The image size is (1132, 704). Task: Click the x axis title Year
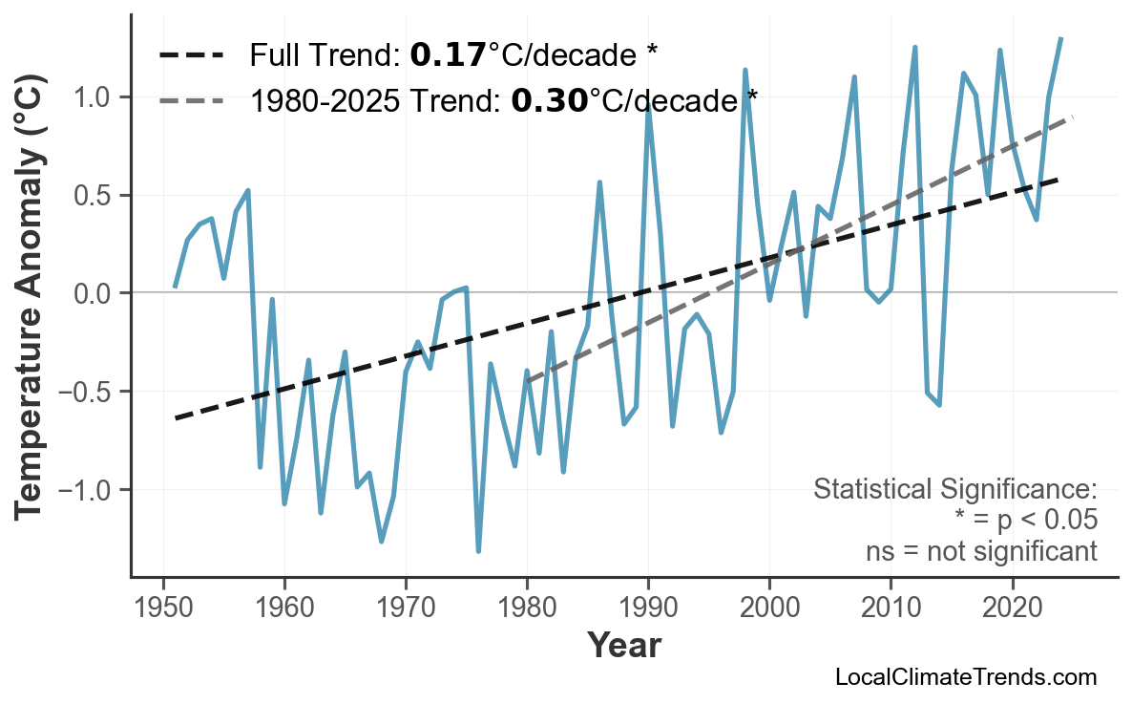click(x=623, y=646)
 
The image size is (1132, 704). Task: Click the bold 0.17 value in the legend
click(x=448, y=55)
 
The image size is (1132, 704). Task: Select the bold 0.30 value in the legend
click(x=549, y=99)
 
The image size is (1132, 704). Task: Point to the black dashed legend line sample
click(x=191, y=55)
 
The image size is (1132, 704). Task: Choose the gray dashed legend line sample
click(x=191, y=99)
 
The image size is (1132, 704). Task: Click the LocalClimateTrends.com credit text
click(x=965, y=678)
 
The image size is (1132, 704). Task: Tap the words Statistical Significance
click(x=954, y=490)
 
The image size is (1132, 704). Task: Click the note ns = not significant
click(x=981, y=551)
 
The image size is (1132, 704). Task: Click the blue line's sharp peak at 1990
click(x=648, y=106)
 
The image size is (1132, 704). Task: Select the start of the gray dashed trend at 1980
click(x=527, y=380)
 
